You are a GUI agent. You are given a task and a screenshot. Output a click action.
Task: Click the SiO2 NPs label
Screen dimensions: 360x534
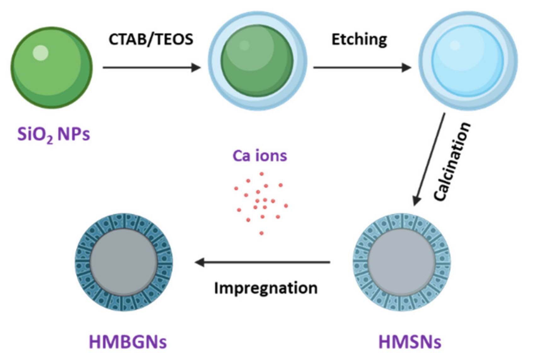click(x=54, y=134)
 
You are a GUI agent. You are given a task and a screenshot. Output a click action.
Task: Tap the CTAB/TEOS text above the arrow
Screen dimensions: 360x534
click(x=151, y=39)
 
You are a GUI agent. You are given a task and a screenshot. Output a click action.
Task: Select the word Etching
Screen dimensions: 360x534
click(x=359, y=40)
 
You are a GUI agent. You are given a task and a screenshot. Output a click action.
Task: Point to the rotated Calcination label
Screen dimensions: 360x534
click(x=452, y=162)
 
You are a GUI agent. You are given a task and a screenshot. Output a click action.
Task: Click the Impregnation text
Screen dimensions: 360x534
click(x=266, y=288)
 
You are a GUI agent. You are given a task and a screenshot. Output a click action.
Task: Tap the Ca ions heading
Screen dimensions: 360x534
click(x=260, y=156)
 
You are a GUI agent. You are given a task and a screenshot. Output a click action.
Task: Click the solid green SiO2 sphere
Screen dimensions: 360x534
click(x=52, y=67)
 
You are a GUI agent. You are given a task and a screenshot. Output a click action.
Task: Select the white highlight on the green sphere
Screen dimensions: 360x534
click(x=41, y=53)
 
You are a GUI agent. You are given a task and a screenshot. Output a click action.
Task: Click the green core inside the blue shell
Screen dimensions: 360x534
click(x=257, y=61)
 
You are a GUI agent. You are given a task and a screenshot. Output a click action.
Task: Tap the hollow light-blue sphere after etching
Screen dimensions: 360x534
click(x=468, y=61)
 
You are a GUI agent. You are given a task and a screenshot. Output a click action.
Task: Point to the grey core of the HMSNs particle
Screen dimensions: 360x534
click(x=401, y=262)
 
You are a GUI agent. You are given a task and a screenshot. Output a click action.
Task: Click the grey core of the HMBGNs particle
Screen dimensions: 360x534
click(x=123, y=262)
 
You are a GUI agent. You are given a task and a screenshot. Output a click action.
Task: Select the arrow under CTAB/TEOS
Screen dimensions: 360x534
click(x=151, y=67)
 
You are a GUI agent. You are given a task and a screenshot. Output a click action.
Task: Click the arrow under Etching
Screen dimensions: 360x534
click(x=362, y=67)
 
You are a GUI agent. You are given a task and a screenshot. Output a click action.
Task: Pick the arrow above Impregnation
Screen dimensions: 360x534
click(x=262, y=262)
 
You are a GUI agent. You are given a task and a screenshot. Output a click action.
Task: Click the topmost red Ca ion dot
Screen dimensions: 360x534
click(x=261, y=174)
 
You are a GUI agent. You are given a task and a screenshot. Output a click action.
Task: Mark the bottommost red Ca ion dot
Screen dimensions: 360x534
click(x=261, y=233)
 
